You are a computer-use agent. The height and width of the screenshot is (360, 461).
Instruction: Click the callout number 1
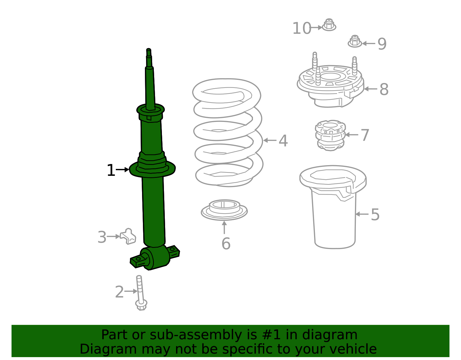(x=111, y=171)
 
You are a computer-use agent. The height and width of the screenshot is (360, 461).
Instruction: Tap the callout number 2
(x=119, y=292)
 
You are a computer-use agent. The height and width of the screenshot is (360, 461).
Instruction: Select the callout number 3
(x=102, y=237)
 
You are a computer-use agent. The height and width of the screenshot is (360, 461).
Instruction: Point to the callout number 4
(x=283, y=141)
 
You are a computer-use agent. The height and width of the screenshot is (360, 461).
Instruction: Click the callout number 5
(x=375, y=215)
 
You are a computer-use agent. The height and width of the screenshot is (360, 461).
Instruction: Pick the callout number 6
(x=226, y=244)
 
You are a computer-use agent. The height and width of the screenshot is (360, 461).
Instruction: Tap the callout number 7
(x=365, y=135)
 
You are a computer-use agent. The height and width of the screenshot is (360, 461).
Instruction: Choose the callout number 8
(x=384, y=90)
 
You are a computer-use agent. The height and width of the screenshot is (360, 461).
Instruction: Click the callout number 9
(x=382, y=44)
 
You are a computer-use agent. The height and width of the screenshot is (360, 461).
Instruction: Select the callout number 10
(x=302, y=29)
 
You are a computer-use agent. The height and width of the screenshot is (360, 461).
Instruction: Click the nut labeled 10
(x=329, y=25)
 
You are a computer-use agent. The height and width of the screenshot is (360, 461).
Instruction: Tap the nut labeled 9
(x=355, y=42)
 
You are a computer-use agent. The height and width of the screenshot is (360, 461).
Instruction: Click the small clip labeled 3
(x=128, y=236)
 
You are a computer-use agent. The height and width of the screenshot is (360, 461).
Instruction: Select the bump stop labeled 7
(x=330, y=135)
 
